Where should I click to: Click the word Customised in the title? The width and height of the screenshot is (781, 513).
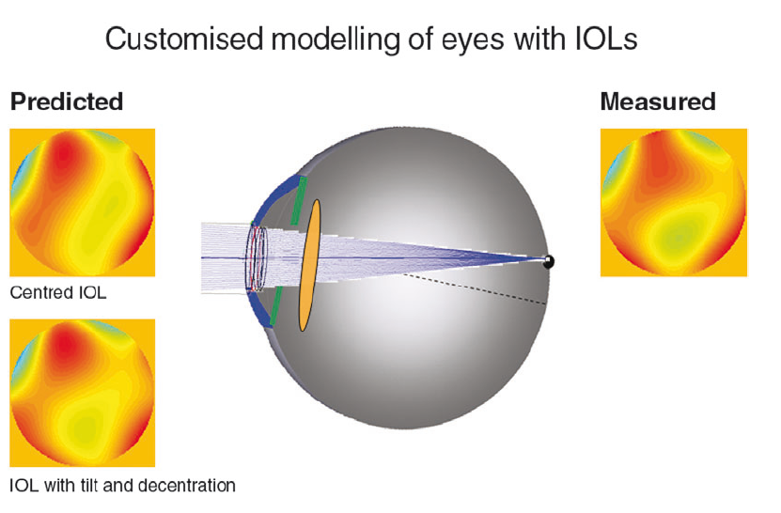pyautogui.click(x=184, y=39)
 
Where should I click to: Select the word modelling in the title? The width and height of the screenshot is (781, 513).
pyautogui.click(x=336, y=39)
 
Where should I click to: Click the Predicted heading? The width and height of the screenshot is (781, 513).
pyautogui.click(x=67, y=101)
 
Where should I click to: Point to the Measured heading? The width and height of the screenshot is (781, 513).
pyautogui.click(x=658, y=101)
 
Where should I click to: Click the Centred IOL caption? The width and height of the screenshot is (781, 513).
pyautogui.click(x=58, y=292)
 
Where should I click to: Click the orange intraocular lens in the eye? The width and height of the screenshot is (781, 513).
pyautogui.click(x=309, y=265)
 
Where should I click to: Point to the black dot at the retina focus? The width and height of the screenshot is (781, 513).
pyautogui.click(x=549, y=261)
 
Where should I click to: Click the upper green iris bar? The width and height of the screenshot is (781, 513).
pyautogui.click(x=299, y=200)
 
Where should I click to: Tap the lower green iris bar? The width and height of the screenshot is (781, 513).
pyautogui.click(x=275, y=307)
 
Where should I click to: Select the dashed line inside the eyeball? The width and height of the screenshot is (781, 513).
pyautogui.click(x=475, y=288)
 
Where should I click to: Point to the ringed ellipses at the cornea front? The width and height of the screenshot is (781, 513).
pyautogui.click(x=258, y=258)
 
